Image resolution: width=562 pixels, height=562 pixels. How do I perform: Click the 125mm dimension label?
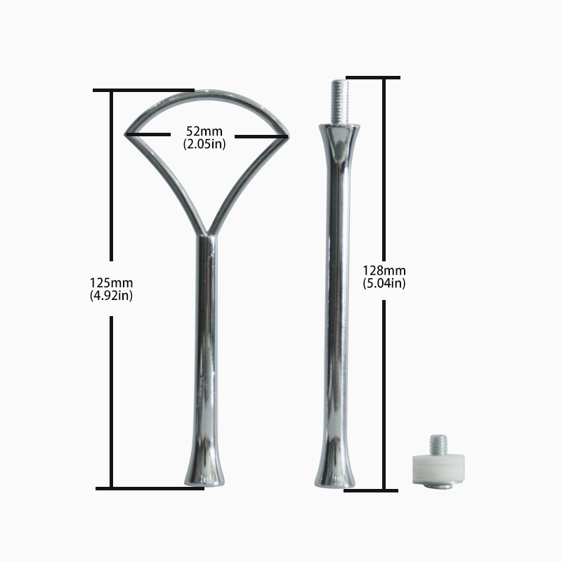pos(112,283)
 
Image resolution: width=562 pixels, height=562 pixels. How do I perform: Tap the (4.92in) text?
pos(112,296)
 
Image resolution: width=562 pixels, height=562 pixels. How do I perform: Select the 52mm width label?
pos(204,131)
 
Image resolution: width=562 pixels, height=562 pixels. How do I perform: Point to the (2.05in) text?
pos(204,144)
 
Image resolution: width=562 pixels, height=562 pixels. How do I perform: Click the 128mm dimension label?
pos(384,270)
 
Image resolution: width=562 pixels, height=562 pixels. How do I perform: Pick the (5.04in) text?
pos(384,283)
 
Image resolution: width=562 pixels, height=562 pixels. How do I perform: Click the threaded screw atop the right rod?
pos(340,102)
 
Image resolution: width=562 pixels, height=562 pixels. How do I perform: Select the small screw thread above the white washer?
pos(438,445)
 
